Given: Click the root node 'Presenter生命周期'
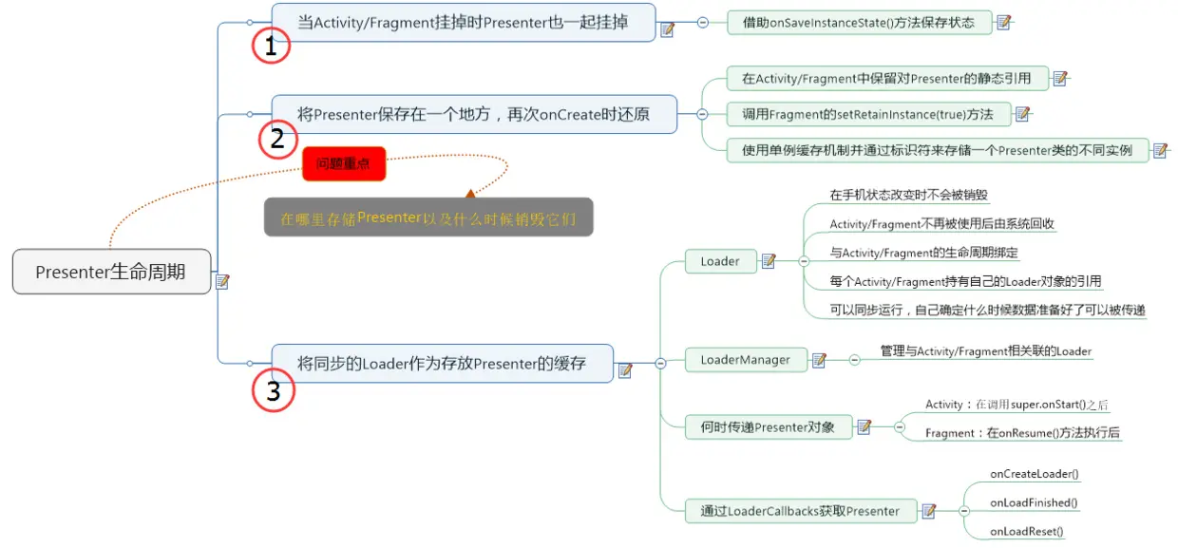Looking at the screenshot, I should click(111, 272).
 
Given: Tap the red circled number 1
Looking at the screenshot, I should click(271, 46).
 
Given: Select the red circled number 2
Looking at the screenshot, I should click(277, 139).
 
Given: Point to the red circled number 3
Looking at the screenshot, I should click(274, 391).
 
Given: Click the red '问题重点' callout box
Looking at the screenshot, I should click(343, 163).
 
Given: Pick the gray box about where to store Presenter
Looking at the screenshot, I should click(428, 217).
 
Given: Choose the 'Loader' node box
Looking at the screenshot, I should click(720, 261).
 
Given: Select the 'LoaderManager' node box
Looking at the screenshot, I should click(745, 360).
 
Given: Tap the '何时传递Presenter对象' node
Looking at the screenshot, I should click(768, 427).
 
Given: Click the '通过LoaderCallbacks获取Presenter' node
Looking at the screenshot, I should click(800, 511).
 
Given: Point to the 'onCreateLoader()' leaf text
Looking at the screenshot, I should click(1034, 473).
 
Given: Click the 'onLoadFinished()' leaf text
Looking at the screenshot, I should click(1033, 502).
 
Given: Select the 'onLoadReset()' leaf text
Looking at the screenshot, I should click(1026, 532).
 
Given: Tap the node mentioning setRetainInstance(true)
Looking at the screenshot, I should click(867, 114).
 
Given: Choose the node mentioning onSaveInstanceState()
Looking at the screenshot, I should click(859, 22).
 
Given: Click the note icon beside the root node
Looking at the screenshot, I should click(223, 281).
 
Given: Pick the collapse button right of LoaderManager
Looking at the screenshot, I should click(854, 360).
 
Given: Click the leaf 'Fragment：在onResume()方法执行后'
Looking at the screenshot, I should click(1022, 433).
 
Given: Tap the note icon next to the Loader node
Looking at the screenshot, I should click(769, 261).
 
